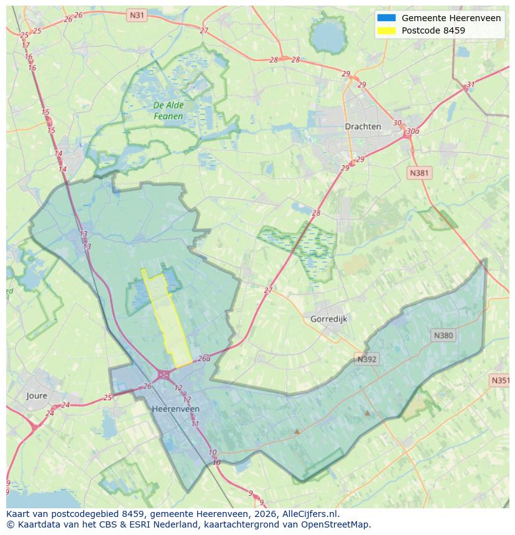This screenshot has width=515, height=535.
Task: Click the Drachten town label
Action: (363, 126)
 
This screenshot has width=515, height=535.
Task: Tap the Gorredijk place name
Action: (328, 319)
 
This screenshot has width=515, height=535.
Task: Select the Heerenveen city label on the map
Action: (175, 409)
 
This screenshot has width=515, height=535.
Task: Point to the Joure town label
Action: (37, 395)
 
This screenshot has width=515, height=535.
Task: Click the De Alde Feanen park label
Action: (168, 111)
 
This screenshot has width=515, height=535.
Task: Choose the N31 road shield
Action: (136, 14)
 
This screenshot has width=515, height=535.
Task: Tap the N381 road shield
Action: (419, 173)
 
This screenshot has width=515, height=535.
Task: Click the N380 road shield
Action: (443, 336)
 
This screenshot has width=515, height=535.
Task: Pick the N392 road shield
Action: (367, 359)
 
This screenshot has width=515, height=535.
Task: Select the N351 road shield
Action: (500, 380)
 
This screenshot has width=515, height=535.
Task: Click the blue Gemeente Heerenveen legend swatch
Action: (386, 18)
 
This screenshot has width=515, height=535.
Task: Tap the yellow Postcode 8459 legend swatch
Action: (386, 30)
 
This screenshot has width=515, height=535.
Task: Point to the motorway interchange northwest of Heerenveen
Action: (164, 374)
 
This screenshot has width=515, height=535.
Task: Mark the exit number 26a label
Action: (204, 359)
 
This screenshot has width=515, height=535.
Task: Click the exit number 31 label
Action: (471, 85)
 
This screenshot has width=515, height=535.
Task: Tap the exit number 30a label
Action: (412, 132)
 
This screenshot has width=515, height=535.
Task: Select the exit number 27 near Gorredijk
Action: (268, 290)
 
